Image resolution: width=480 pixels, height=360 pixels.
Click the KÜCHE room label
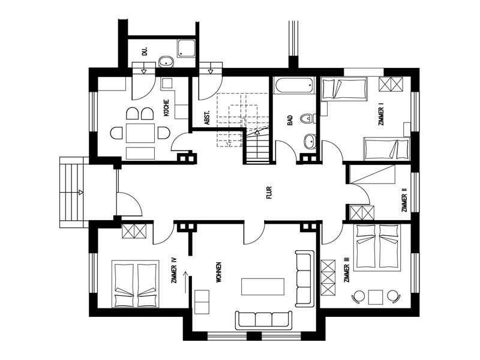click(167, 108)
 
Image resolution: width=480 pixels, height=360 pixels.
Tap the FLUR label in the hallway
click(269, 193)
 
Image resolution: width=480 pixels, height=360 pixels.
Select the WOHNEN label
click(218, 272)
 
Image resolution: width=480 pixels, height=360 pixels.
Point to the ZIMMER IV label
click(174, 270)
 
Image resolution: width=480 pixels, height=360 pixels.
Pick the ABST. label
click(207, 118)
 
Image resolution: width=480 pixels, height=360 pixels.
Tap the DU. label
click(145, 51)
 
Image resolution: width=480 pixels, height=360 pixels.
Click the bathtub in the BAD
click(294, 85)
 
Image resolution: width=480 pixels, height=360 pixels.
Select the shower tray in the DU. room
click(187, 48)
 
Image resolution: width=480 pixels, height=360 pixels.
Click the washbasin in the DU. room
click(166, 62)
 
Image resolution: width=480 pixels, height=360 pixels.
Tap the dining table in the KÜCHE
click(140, 133)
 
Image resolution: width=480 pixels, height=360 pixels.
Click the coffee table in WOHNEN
click(263, 287)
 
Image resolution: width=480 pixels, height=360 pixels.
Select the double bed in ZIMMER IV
click(136, 284)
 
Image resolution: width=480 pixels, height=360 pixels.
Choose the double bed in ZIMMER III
click(377, 248)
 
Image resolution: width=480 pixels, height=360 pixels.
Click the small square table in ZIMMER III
click(376, 297)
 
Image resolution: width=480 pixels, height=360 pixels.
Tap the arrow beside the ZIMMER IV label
click(185, 282)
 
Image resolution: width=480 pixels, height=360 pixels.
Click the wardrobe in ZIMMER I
click(391, 84)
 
